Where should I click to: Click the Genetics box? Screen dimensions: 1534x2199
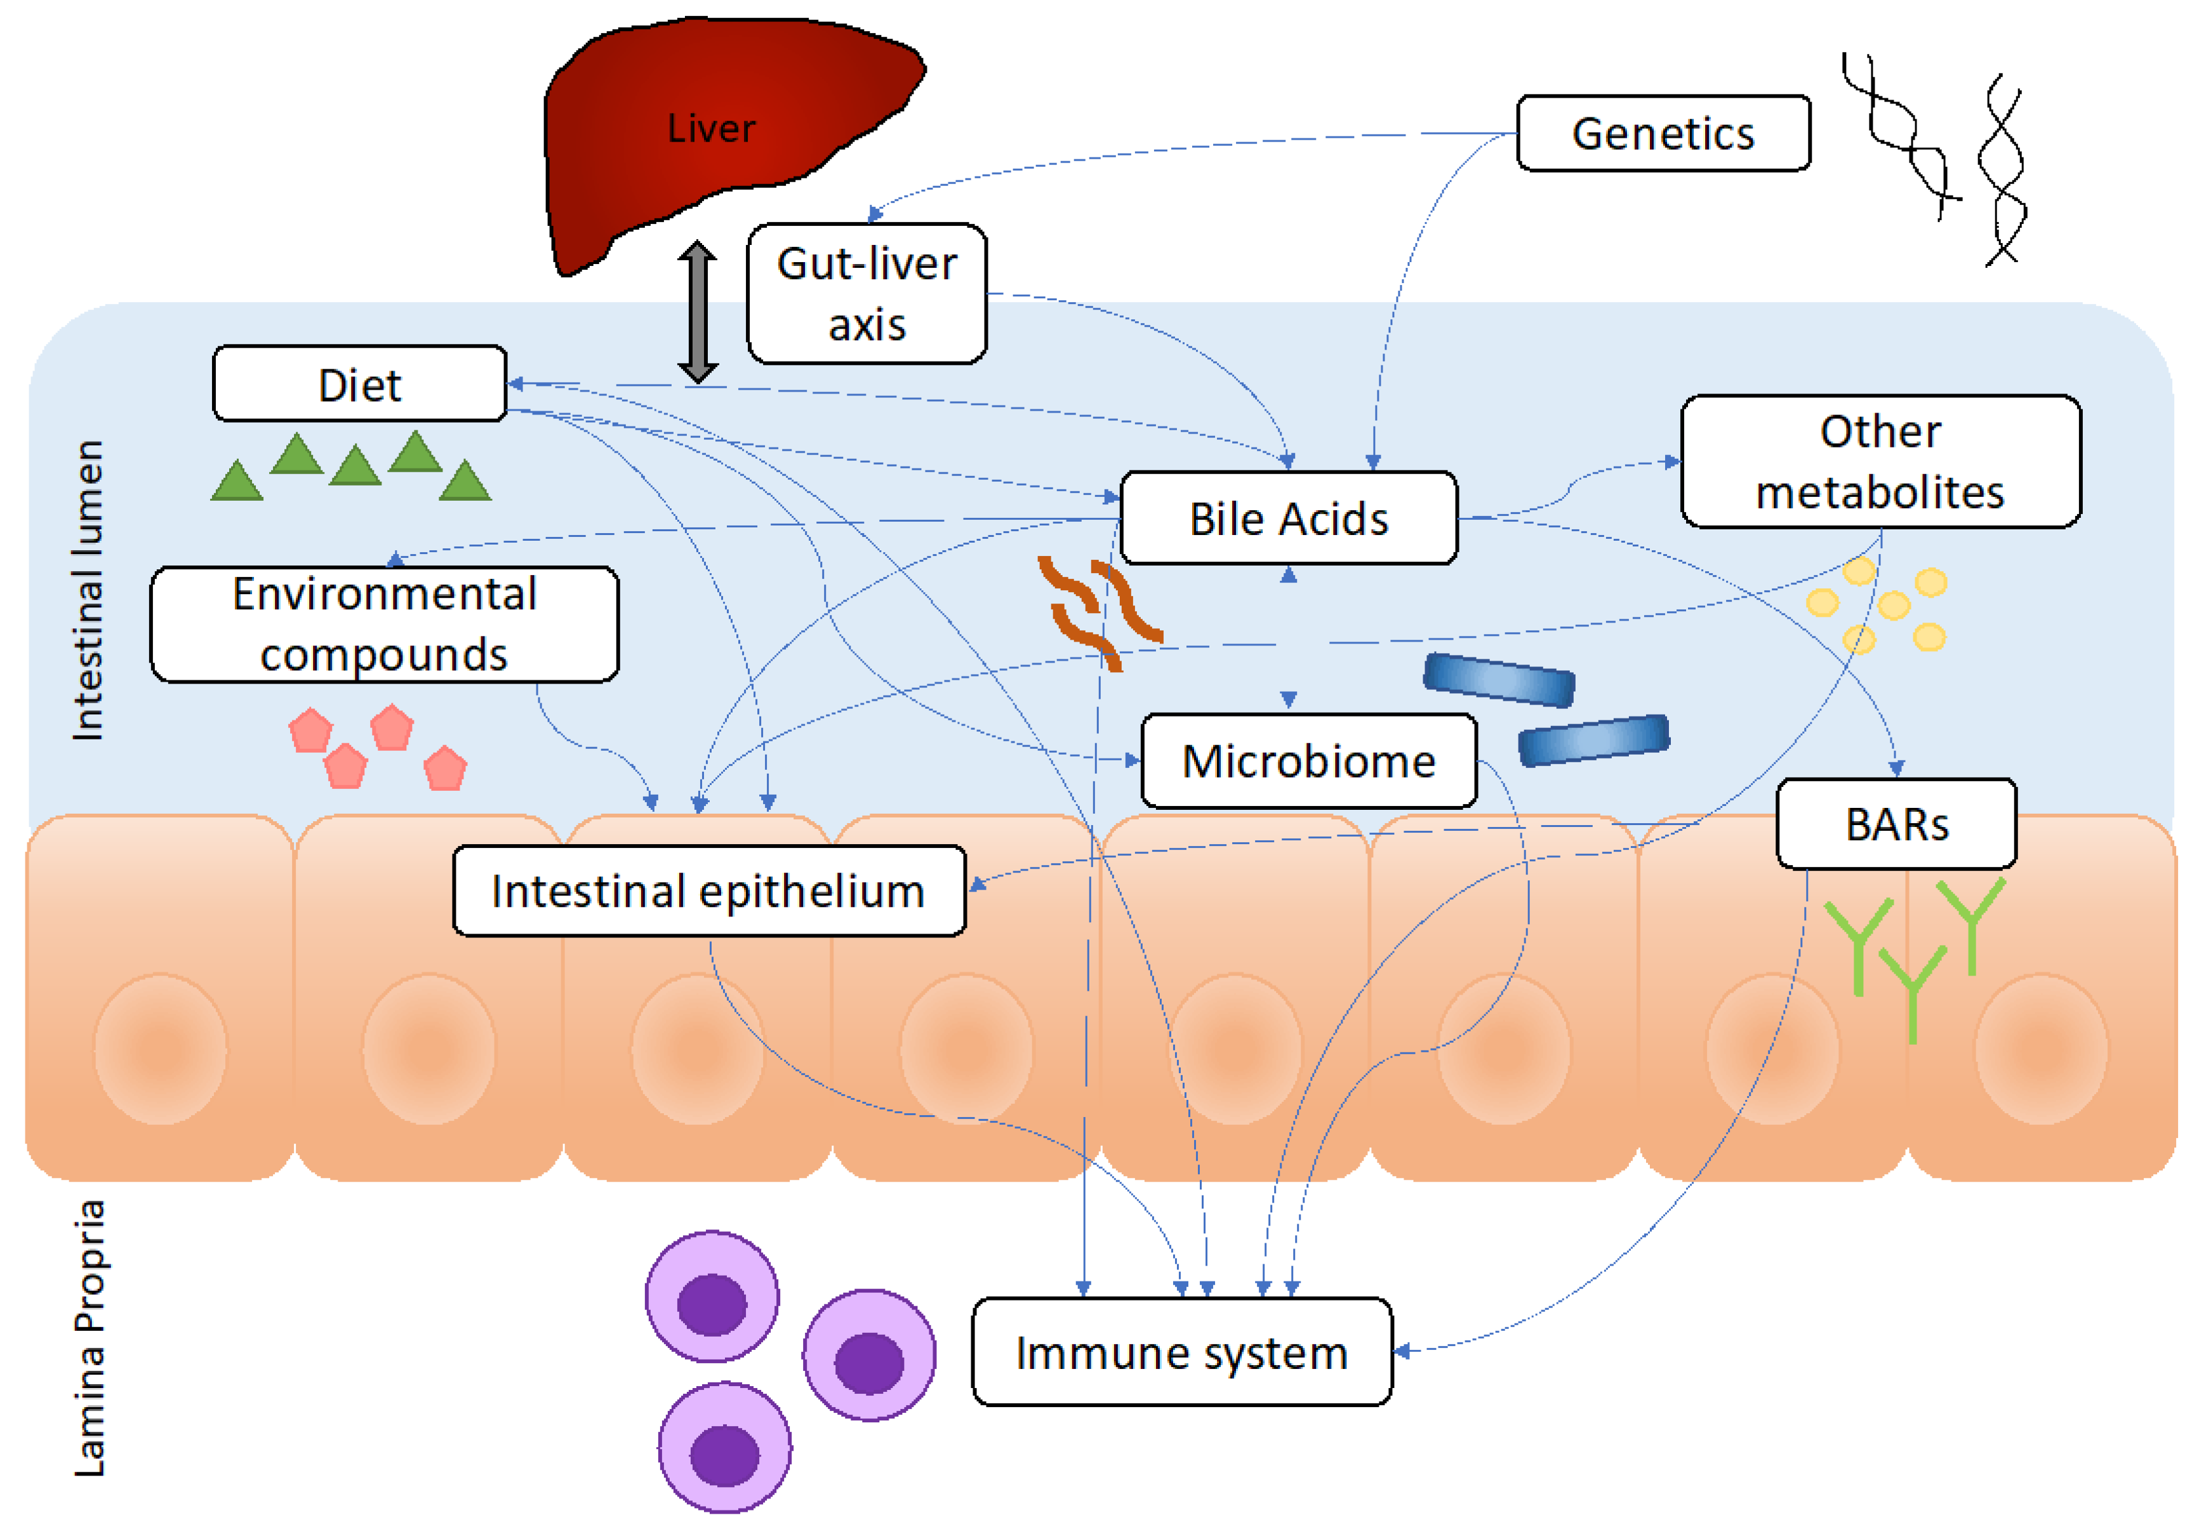[x=1663, y=133]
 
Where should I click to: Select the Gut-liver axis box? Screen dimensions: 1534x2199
[x=866, y=293]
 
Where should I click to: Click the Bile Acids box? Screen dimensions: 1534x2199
[x=1288, y=518]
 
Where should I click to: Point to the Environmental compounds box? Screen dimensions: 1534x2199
[x=384, y=625]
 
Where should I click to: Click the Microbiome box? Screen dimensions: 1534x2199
[x=1308, y=761]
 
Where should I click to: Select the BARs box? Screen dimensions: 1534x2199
[x=1896, y=824]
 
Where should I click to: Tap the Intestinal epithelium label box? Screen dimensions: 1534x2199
[x=708, y=890]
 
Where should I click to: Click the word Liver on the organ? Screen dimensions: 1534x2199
[x=710, y=128]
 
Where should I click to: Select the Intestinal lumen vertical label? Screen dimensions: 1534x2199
[x=88, y=590]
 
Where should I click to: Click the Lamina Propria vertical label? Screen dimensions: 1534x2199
[x=90, y=1337]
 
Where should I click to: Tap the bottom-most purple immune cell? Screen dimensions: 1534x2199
[x=725, y=1446]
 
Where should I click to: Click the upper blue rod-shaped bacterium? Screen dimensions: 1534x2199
[x=1498, y=680]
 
